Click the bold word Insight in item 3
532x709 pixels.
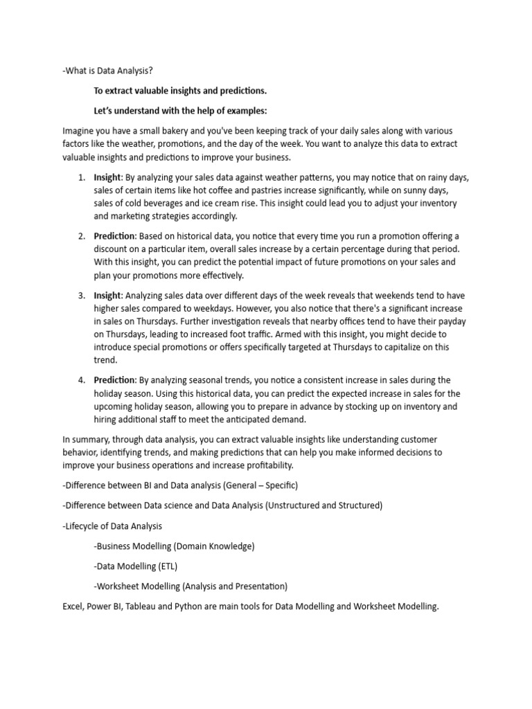pyautogui.click(x=107, y=296)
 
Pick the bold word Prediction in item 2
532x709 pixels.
pyautogui.click(x=115, y=237)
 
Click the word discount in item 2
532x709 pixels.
pyautogui.click(x=112, y=249)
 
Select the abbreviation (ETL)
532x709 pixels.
pyautogui.click(x=166, y=566)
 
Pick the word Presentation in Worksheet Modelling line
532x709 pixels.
pyautogui.click(x=258, y=586)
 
